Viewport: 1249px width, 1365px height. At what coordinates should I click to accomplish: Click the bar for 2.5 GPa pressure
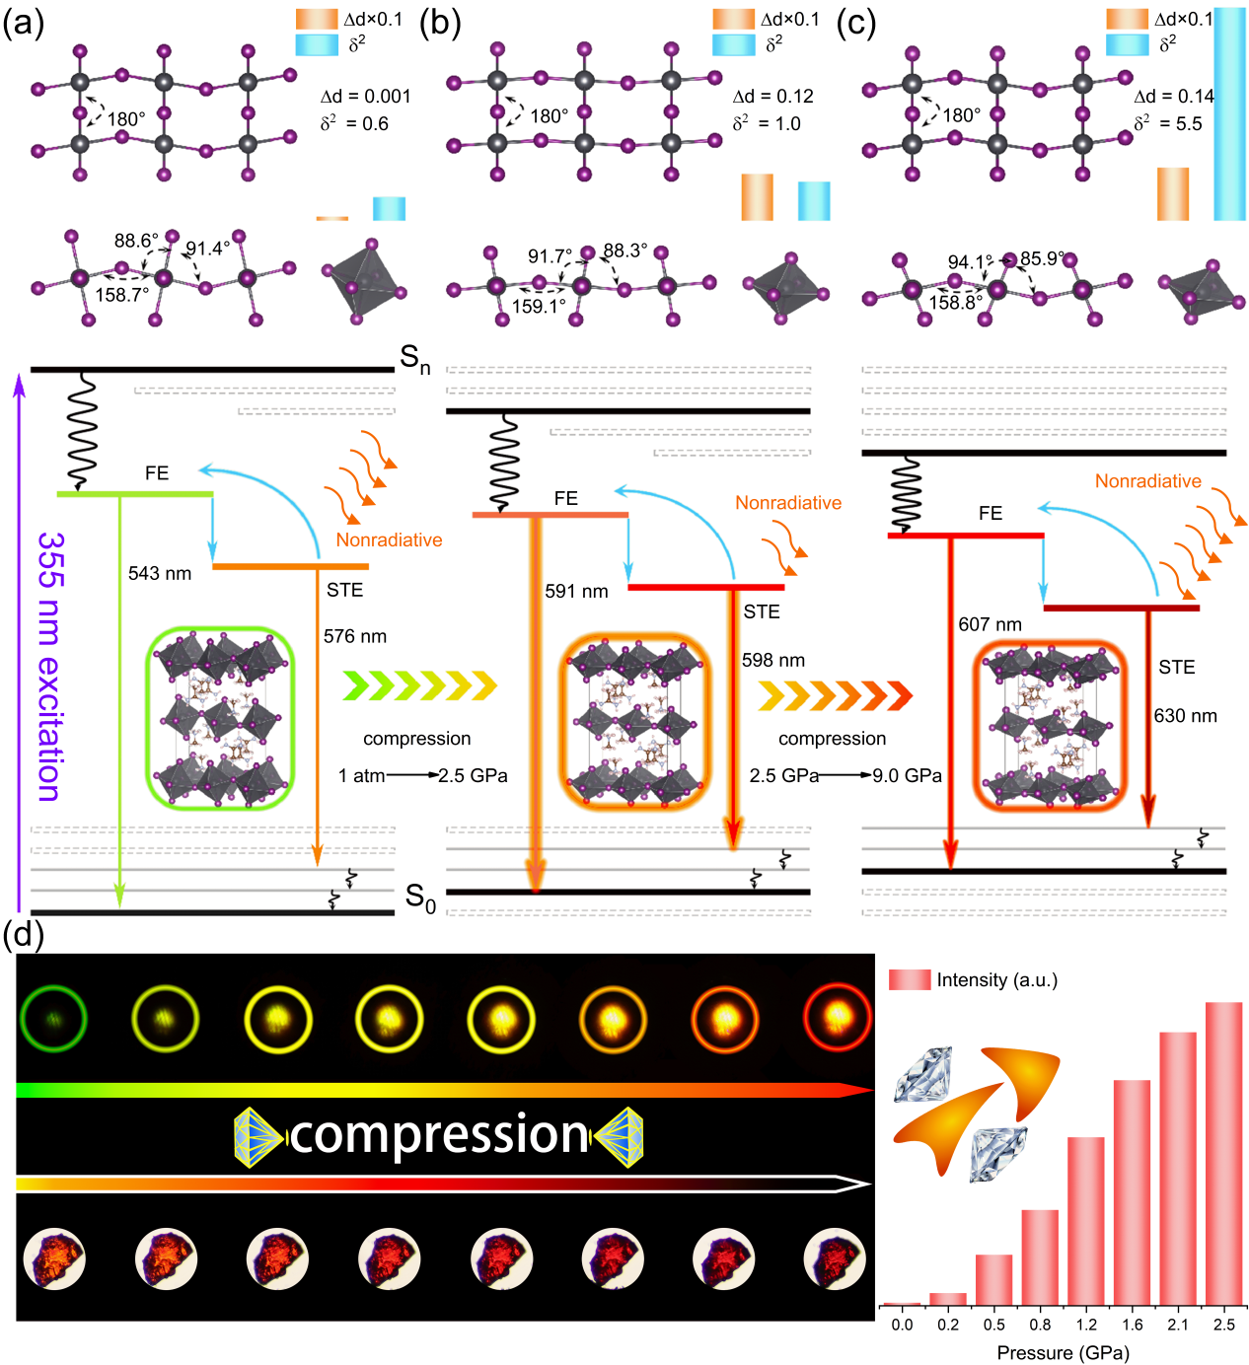tap(1223, 1153)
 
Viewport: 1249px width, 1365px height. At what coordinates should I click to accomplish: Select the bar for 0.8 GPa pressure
tap(1040, 1257)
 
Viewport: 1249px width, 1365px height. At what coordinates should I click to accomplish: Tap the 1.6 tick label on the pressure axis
tap(1133, 1325)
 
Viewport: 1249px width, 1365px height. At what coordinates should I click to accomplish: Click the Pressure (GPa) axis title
tap(1063, 1352)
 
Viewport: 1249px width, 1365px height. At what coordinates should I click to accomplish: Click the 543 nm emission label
tap(160, 573)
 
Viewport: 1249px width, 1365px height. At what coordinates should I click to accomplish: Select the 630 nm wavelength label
tap(1185, 715)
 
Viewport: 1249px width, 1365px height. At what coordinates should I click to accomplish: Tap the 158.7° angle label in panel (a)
tap(122, 295)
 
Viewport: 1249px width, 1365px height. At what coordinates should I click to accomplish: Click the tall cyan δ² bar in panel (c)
tap(1229, 113)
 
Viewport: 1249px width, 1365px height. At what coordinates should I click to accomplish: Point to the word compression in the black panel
tap(439, 1134)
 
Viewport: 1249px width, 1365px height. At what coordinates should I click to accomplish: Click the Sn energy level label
tap(415, 359)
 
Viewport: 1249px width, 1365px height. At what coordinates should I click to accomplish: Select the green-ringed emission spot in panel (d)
tap(53, 1017)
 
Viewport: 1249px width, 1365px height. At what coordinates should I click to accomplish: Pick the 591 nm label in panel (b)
tap(576, 591)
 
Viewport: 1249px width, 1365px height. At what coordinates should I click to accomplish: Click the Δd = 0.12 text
tap(773, 96)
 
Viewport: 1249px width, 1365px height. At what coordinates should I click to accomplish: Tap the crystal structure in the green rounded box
tap(220, 717)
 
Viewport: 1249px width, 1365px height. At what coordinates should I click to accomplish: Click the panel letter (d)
tap(23, 935)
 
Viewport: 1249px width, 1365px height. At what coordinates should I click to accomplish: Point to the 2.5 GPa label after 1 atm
tap(473, 775)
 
